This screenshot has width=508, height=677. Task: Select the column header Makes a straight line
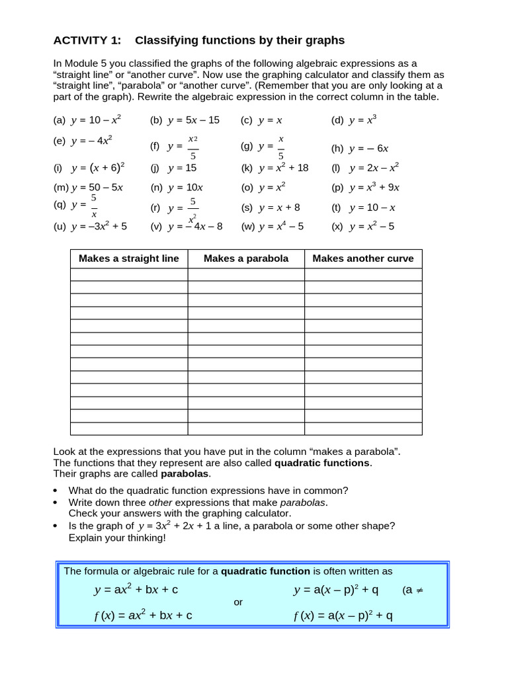click(x=129, y=259)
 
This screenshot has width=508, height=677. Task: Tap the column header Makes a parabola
click(x=246, y=259)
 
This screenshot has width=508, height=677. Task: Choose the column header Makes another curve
click(x=363, y=259)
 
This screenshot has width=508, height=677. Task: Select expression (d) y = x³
click(x=354, y=120)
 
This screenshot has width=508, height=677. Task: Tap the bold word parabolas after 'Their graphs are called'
click(x=185, y=474)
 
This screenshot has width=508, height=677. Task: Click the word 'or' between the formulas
click(x=239, y=602)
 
